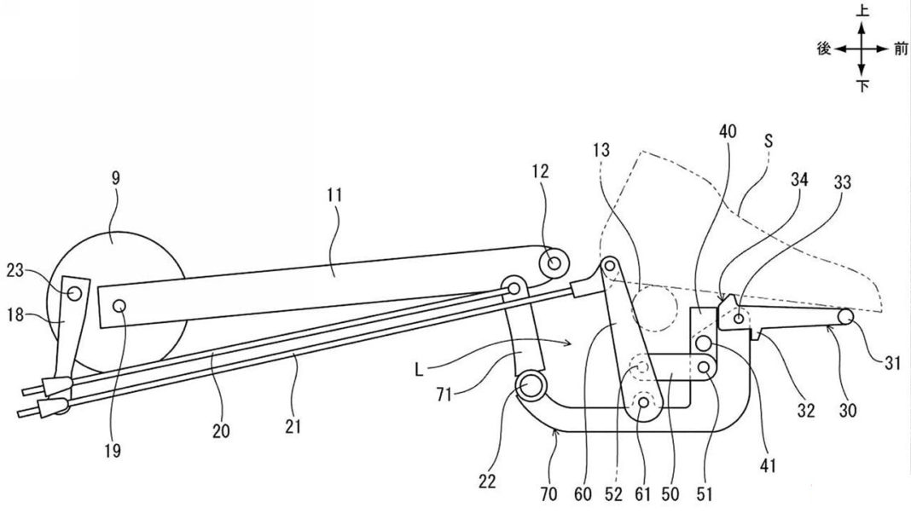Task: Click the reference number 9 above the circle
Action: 116,179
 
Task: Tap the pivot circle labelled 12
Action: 555,262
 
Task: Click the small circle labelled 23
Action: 75,292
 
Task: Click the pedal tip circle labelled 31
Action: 846,315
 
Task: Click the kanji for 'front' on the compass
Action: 901,50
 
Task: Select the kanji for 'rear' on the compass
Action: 824,50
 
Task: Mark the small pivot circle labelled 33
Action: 739,318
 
